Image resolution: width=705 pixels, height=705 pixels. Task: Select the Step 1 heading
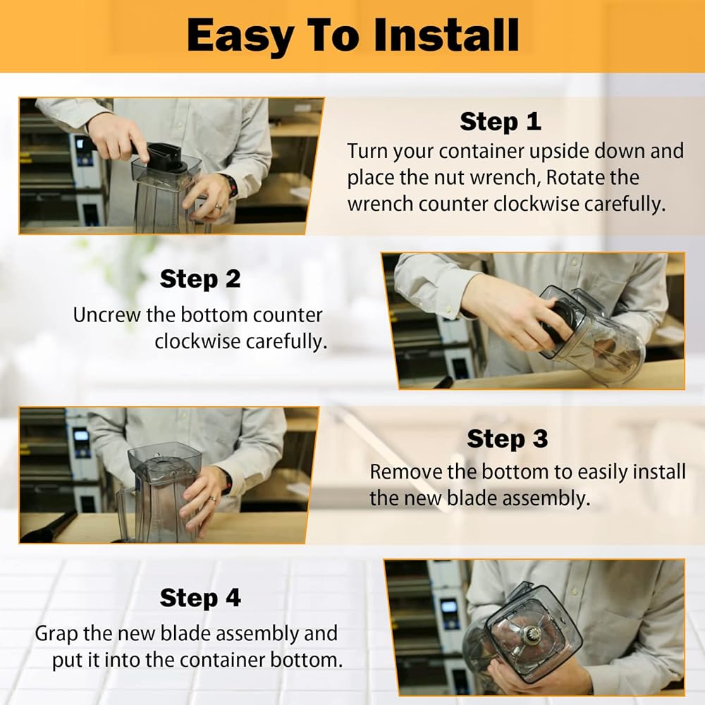coord(500,122)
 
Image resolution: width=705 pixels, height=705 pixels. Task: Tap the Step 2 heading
coord(200,279)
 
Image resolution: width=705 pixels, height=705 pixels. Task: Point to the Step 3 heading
coord(507,439)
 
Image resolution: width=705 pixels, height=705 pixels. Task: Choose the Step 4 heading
coord(200,598)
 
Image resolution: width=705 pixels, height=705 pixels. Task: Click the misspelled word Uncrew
coord(106,314)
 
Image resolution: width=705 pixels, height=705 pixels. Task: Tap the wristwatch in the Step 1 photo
coord(231,185)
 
